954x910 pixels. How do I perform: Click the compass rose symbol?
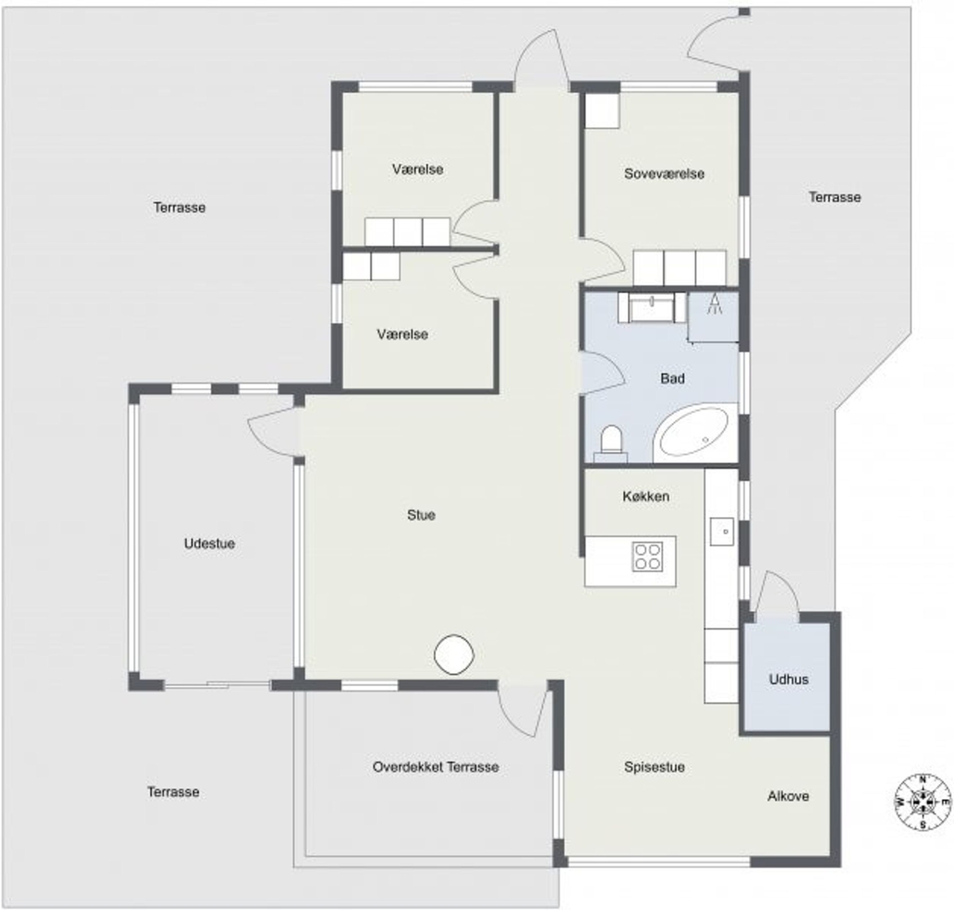coord(922,802)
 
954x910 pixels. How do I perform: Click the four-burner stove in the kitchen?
coord(647,556)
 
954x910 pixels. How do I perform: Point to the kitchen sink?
coord(722,532)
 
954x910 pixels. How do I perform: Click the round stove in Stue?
coord(454,655)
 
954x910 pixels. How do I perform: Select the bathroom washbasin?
coord(651,308)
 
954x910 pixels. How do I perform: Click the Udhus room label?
coord(789,679)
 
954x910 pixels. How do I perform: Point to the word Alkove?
coord(788,796)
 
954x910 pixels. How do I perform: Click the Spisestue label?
coord(654,767)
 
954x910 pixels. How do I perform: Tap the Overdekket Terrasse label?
coord(436,767)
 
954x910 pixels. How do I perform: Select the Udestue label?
coord(209,543)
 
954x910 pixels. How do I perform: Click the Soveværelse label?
coord(664,174)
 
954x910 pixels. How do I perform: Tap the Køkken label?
coord(646,496)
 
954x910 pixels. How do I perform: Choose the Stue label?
coord(421,515)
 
